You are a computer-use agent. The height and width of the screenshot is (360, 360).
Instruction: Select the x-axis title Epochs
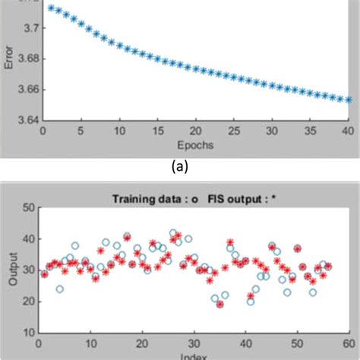pos(196,144)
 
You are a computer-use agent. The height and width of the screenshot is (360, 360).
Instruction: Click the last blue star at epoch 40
pos(348,99)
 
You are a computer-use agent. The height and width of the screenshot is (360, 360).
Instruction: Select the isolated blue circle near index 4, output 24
pos(59,289)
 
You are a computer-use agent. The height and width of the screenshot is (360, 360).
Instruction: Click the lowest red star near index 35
pos(219,304)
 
